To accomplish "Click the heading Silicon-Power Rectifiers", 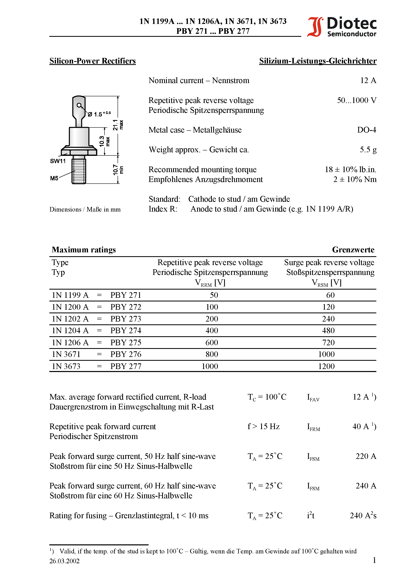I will pos(92,61).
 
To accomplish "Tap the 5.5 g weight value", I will pos(368,150).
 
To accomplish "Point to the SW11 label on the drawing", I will pos(58,161).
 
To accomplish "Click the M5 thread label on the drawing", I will pos(54,178).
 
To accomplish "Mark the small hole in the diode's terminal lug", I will pos(79,105).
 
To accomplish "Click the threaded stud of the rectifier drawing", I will pos(79,171).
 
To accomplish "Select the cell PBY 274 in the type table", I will pos(126,331).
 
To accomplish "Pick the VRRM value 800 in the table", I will pos(212,354).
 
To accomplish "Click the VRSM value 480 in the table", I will pos(328,331).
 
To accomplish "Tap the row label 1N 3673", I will pos(66,366).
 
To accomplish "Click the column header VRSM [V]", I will pos(326,283).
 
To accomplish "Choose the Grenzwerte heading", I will pos(353,250).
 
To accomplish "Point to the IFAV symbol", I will pos(313,398).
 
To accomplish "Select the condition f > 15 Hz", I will pos(263,426).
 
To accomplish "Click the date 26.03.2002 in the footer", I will pos(64,561).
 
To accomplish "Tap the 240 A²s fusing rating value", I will pos(363,516).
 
